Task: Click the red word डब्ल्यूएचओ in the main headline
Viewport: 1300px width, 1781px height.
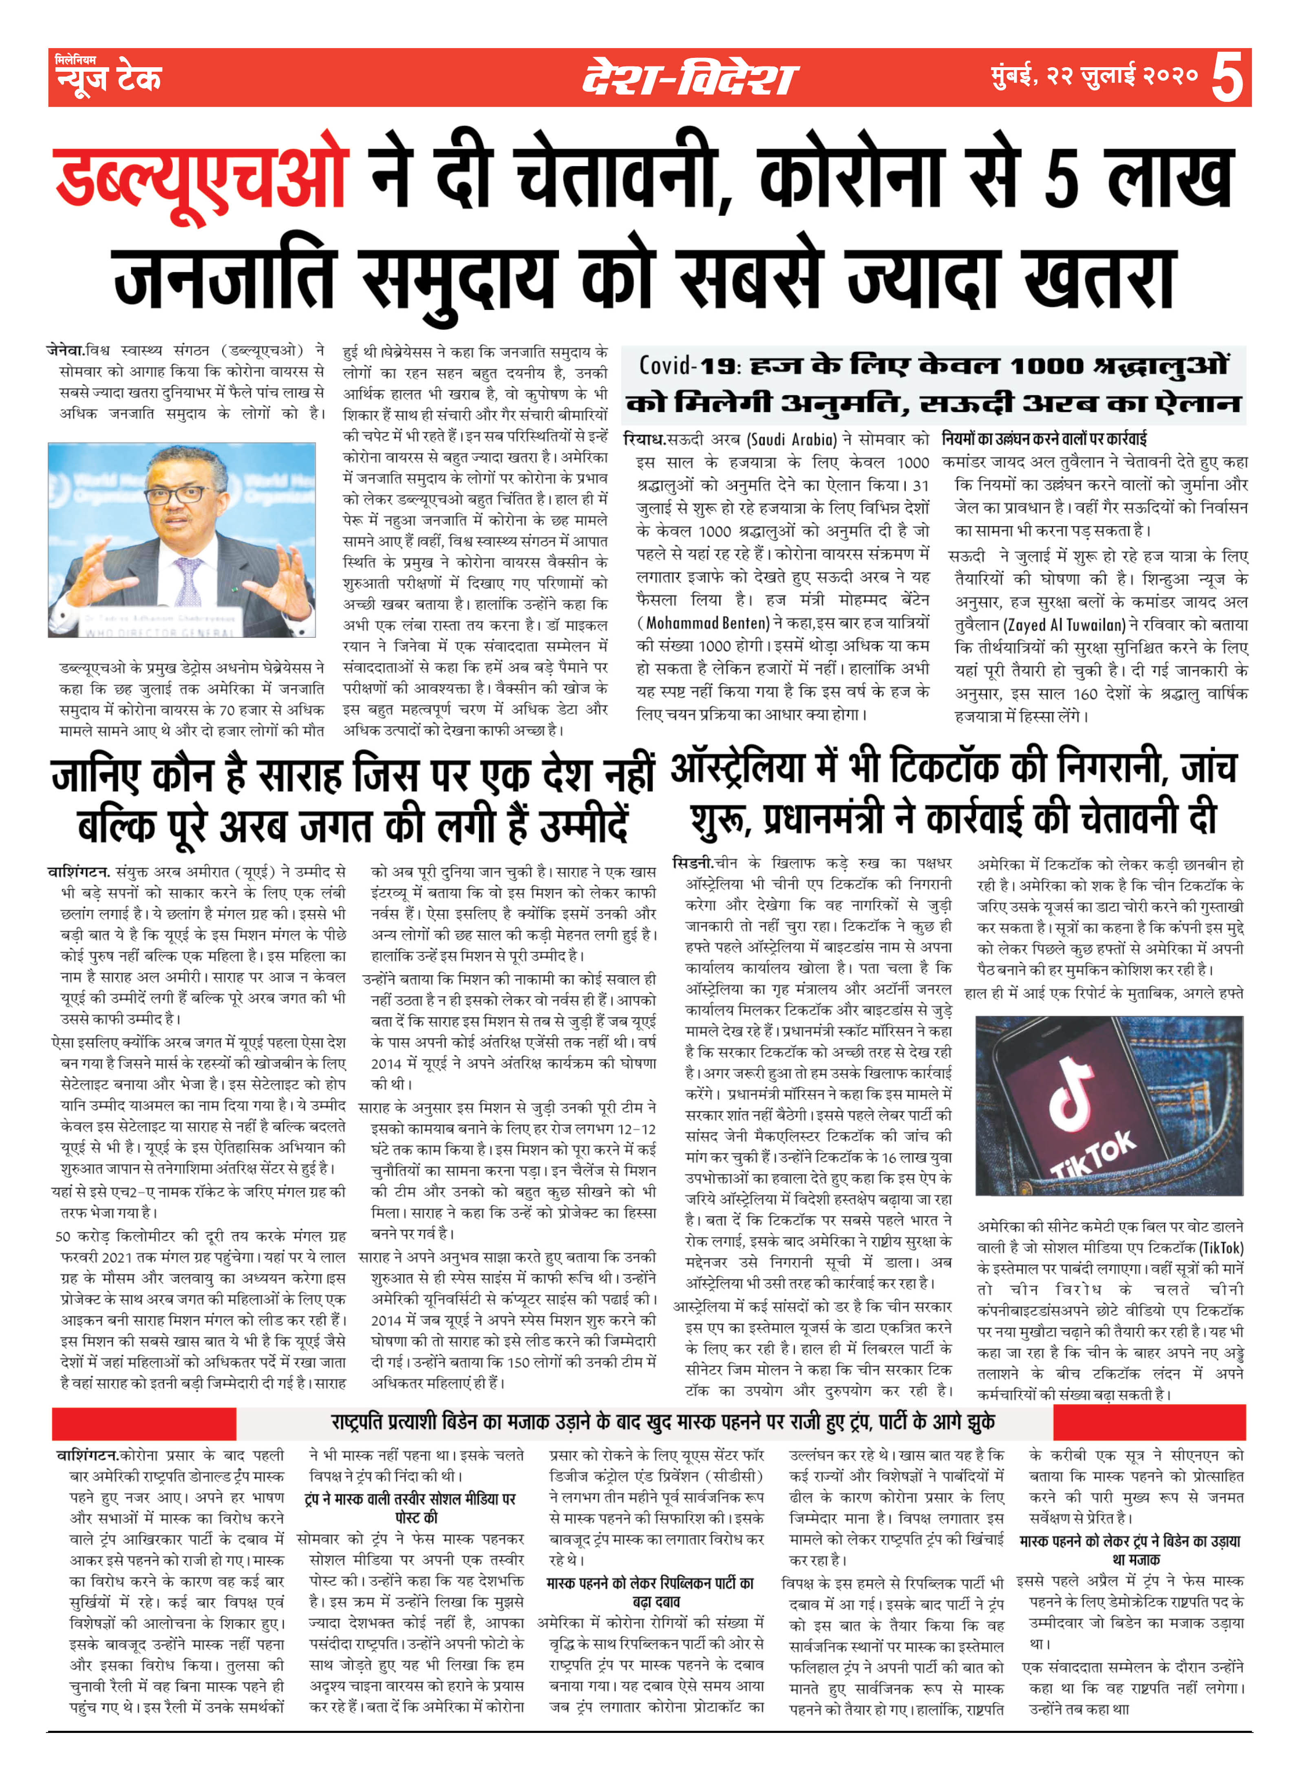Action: pyautogui.click(x=201, y=178)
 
